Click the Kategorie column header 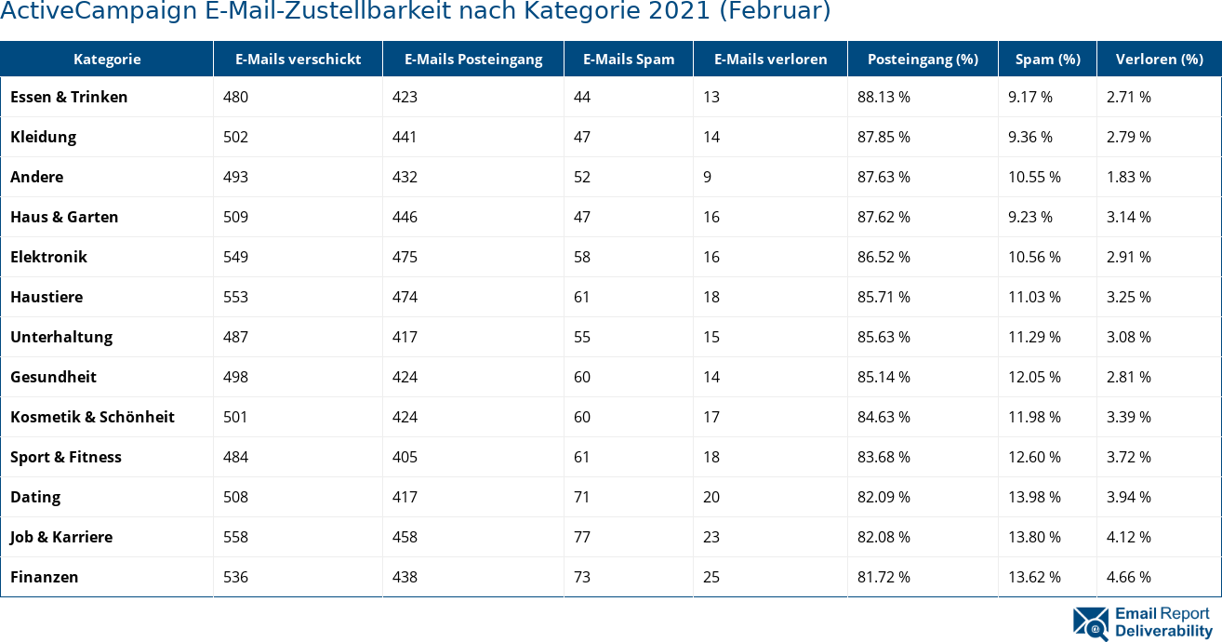tap(107, 60)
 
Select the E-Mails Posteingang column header tap(472, 60)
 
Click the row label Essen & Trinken tap(69, 97)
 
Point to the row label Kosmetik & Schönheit tap(92, 417)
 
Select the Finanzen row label tap(44, 577)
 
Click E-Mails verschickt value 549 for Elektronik tap(235, 257)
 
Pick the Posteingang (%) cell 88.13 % tap(883, 97)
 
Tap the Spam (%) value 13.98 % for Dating tap(1034, 497)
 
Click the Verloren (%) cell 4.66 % tap(1128, 577)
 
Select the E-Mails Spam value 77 tap(582, 537)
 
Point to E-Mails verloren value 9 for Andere tap(708, 177)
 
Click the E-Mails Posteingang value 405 tap(405, 457)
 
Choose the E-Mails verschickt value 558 tap(235, 537)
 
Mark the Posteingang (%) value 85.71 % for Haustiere tap(883, 297)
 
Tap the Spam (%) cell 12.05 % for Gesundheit tap(1034, 377)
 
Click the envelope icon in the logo tap(1091, 623)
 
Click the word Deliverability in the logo tap(1163, 631)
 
